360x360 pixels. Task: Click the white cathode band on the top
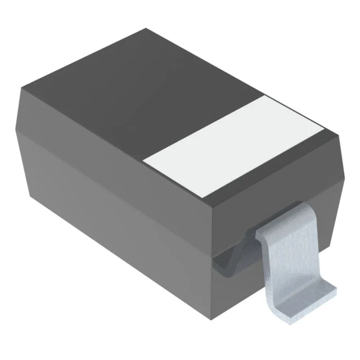coord(233,147)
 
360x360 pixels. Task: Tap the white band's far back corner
coord(264,96)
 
